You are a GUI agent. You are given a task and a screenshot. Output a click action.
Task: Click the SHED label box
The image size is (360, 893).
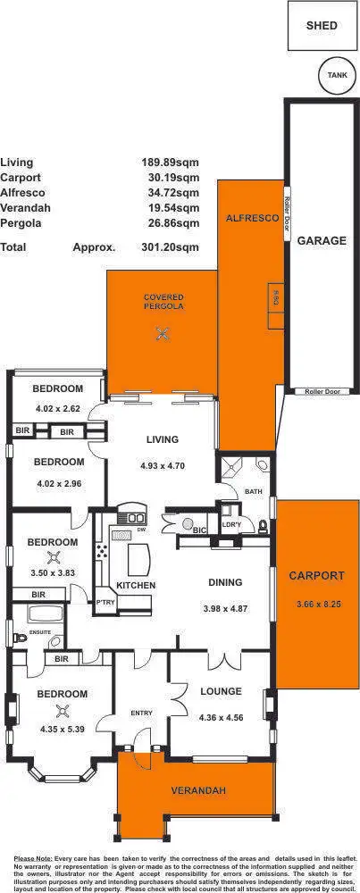coord(322,26)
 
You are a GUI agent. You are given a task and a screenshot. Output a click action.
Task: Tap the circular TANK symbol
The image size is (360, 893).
coord(336,76)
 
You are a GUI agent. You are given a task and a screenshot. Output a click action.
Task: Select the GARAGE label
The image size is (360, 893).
coord(322,240)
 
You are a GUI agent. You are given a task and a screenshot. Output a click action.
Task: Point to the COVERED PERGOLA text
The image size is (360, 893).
coord(163,301)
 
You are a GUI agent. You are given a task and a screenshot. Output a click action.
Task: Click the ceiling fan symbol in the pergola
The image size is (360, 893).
coord(163,334)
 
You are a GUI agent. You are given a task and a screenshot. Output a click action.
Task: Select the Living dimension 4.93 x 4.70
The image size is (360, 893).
coord(160,465)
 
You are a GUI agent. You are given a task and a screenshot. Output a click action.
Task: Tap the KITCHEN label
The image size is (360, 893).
coord(136,585)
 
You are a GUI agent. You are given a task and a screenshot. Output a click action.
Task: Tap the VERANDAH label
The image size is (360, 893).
coord(199,790)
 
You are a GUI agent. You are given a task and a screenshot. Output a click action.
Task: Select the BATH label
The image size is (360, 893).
coord(253,491)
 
